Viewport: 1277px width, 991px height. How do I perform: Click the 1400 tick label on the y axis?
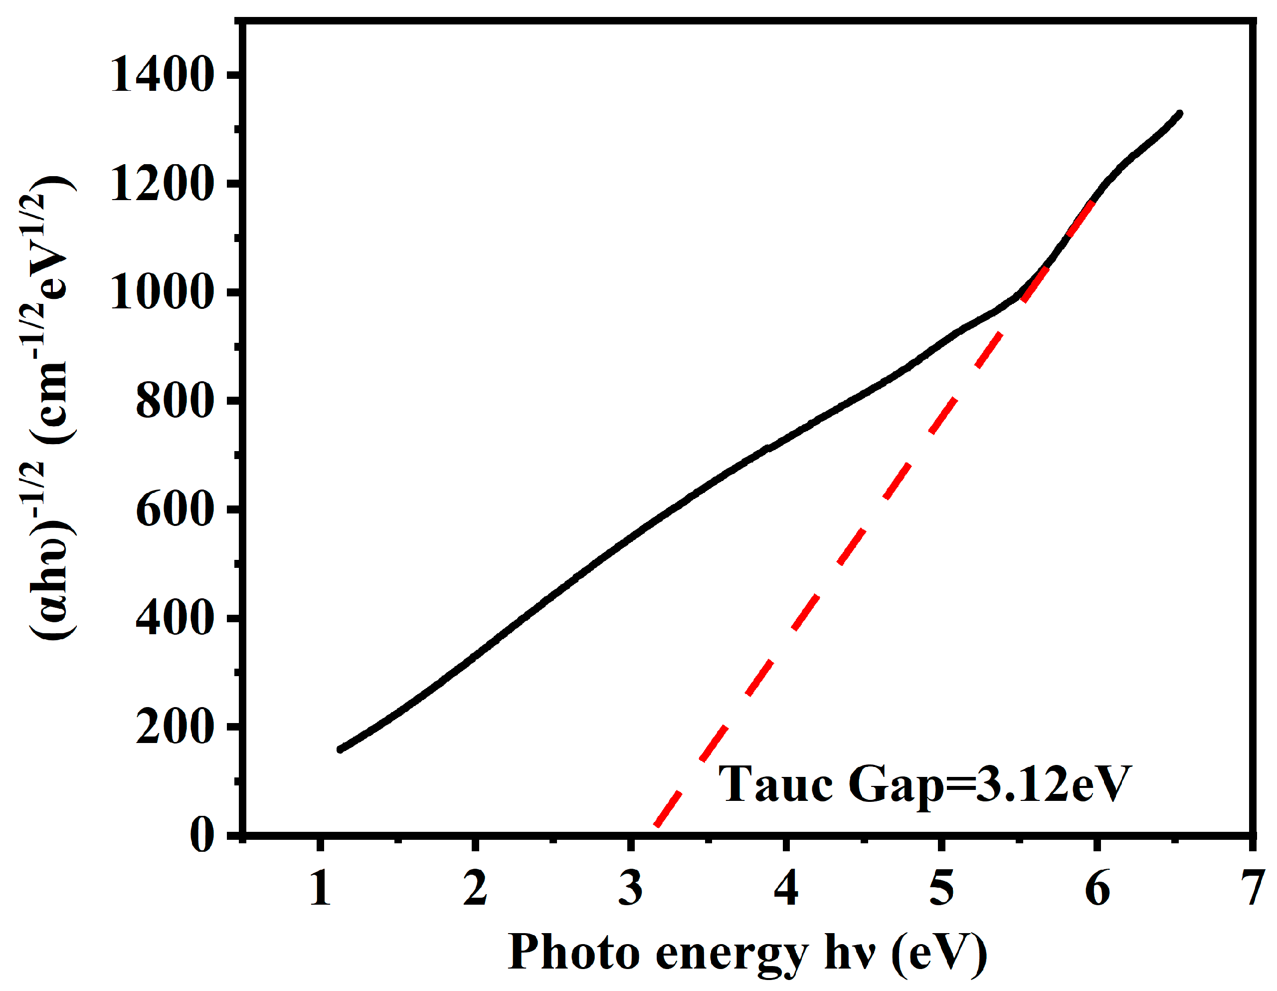point(160,75)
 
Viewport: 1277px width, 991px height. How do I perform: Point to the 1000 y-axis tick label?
point(160,292)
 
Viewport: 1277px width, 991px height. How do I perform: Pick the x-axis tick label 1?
point(320,888)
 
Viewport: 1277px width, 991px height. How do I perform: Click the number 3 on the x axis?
point(630,888)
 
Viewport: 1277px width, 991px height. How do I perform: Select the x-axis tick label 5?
point(941,888)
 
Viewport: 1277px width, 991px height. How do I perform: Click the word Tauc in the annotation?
point(775,784)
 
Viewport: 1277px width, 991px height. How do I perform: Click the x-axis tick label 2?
point(475,888)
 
